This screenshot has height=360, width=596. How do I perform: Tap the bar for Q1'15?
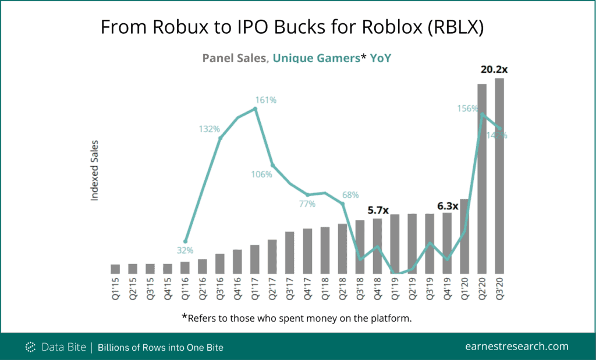point(115,269)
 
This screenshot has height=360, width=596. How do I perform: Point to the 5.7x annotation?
point(378,210)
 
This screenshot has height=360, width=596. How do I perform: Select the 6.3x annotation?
point(448,205)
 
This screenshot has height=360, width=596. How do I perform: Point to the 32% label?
point(185,251)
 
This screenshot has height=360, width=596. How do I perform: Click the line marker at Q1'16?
point(185,241)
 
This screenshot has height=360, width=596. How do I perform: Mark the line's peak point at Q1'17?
point(255,108)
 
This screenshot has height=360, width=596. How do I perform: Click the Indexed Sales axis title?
point(95,170)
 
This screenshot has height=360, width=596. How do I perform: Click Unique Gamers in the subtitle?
point(316,58)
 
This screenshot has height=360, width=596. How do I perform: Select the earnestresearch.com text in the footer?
point(517,346)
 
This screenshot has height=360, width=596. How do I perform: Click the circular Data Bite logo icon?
point(31,347)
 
